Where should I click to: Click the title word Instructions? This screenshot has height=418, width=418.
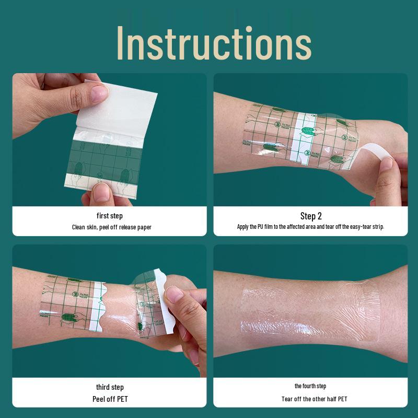point(214,43)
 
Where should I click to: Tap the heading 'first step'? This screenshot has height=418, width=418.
point(110,216)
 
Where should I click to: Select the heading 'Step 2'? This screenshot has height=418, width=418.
point(311,216)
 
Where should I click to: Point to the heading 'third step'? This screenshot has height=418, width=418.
point(110,387)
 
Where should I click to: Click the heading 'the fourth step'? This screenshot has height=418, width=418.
point(310,386)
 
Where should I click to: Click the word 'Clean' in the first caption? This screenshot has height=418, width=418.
point(78,227)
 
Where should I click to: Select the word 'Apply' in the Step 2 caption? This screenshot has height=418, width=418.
point(243,227)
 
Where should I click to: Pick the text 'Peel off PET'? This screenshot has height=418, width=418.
point(110,399)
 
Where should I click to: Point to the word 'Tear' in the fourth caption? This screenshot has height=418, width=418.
point(287,399)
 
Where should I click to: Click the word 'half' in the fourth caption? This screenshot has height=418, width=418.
point(332,399)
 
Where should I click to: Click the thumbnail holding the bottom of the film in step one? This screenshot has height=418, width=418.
point(101,192)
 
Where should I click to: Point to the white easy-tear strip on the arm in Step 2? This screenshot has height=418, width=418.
point(303,138)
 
